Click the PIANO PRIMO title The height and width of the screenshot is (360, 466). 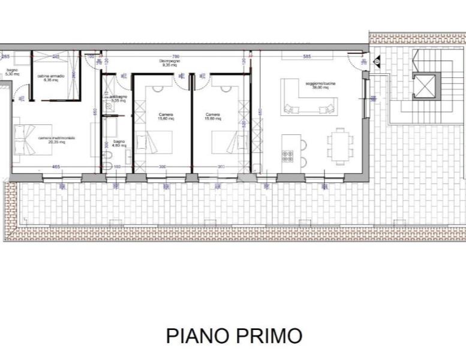pos(234,336)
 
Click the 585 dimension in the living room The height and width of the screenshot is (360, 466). pos(307,57)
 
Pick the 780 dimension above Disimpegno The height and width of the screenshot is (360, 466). pos(176,57)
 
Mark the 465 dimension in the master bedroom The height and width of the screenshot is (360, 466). pos(56,166)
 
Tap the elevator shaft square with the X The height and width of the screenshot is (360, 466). pos(423,86)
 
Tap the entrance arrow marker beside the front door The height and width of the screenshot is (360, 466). pos(377,61)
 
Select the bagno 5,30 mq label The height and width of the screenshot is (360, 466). pos(12,72)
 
